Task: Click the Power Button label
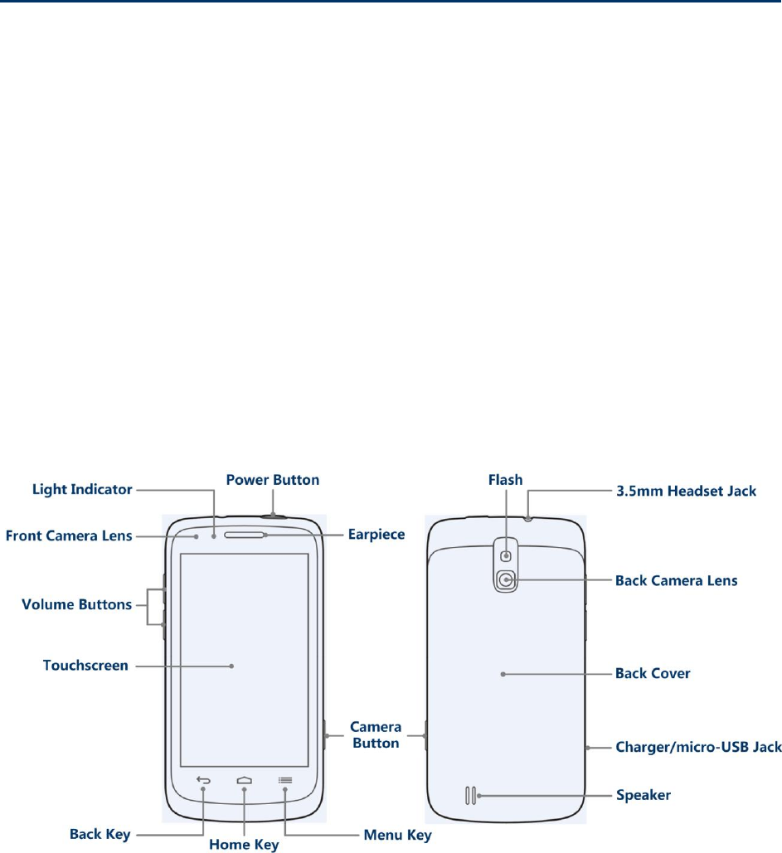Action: click(273, 480)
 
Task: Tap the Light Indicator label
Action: click(82, 490)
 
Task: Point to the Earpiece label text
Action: click(376, 535)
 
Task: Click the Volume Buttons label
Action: click(76, 604)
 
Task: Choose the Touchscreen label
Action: click(85, 665)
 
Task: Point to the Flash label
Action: click(505, 480)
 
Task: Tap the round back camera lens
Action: click(506, 580)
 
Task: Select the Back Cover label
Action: click(653, 674)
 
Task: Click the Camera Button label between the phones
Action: click(376, 735)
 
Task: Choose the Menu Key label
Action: click(398, 835)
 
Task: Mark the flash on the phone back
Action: click(506, 548)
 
